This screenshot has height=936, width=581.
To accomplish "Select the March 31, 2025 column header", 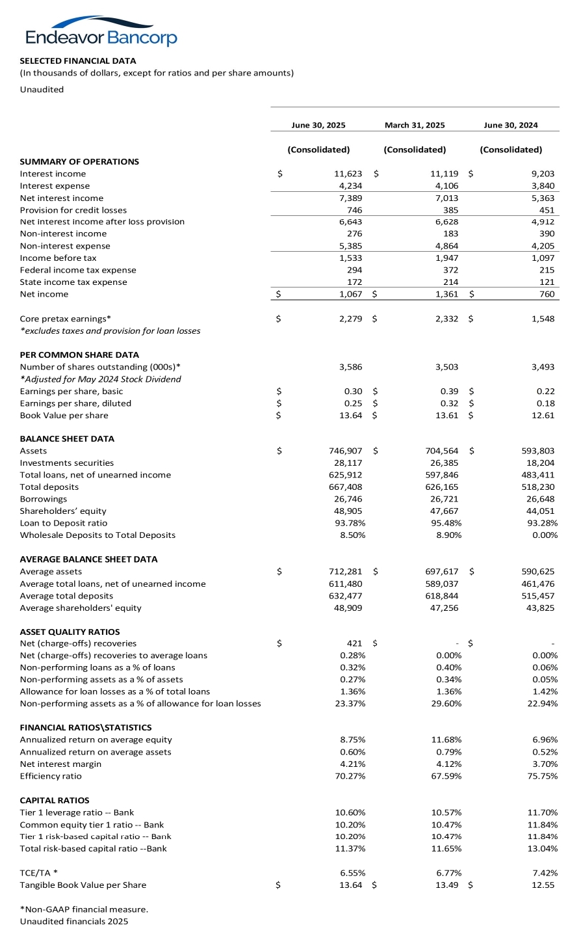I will coord(415,125).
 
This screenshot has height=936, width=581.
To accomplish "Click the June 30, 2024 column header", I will coord(511,125).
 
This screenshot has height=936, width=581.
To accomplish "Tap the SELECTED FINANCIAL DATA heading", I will coord(78,60).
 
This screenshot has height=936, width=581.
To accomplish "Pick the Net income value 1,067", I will coord(351,294).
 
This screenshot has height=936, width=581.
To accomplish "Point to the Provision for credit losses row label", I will coord(73,210).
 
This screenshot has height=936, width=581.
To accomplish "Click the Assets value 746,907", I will coord(346,450).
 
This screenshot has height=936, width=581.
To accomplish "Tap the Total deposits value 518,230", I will coord(538,487).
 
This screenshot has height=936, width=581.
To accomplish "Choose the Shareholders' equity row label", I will coord(63,511).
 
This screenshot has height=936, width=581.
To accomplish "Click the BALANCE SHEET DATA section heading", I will coord(67,438).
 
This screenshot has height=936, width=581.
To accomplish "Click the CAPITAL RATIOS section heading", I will coord(55,800).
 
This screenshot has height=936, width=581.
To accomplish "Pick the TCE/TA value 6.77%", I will coord(448,873).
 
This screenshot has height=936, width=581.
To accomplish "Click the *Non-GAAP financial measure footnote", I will coord(84,909).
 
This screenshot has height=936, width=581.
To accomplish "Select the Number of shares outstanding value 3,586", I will coord(351,367).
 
